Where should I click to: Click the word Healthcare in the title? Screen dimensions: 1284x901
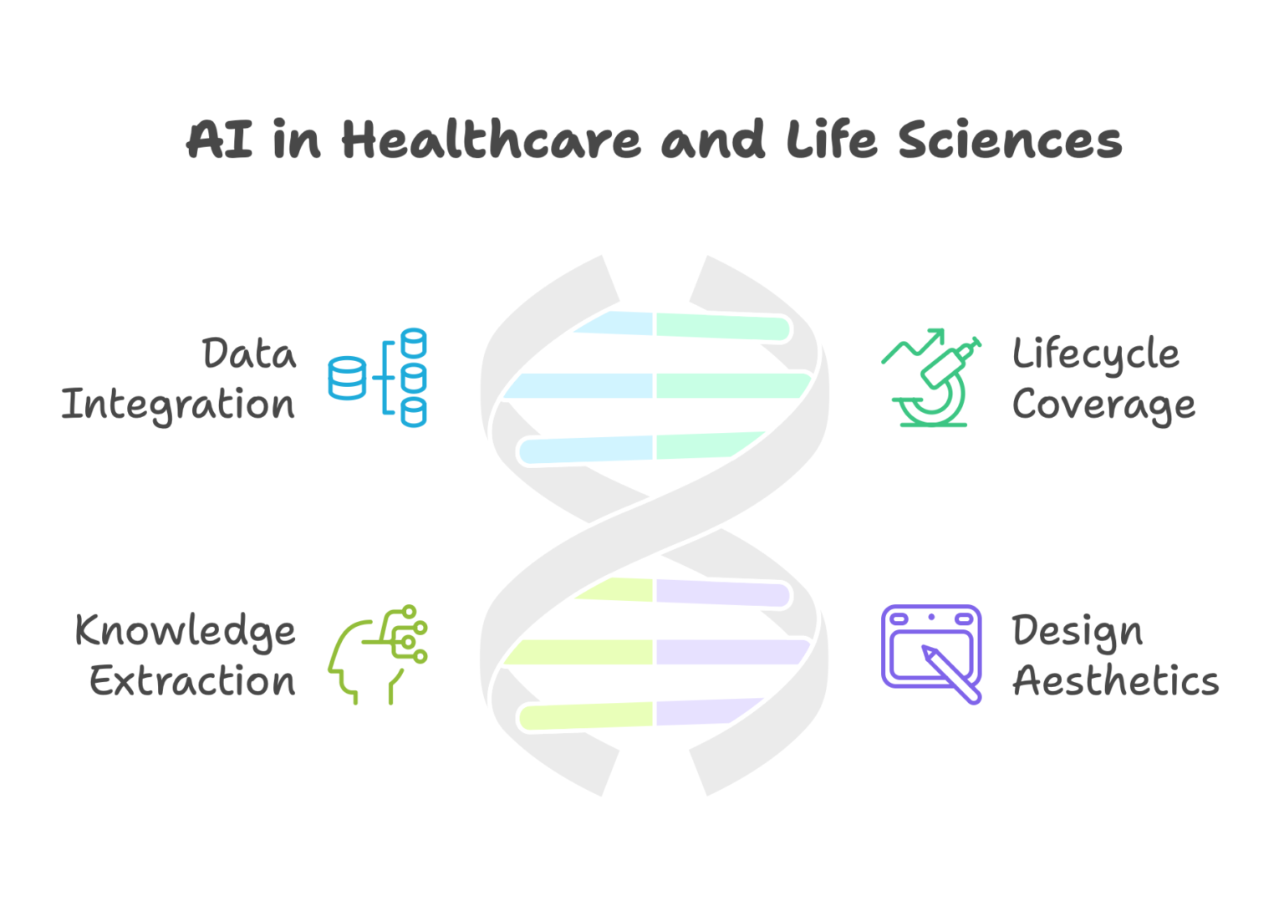click(x=492, y=139)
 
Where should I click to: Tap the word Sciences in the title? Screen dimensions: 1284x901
click(x=1010, y=139)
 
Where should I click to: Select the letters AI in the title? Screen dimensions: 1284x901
click(x=219, y=139)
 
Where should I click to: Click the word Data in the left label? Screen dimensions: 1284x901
click(x=249, y=353)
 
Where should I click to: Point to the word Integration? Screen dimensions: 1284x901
click(x=178, y=405)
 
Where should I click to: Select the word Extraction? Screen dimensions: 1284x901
click(x=192, y=681)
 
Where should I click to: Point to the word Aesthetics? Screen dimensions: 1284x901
click(x=1115, y=681)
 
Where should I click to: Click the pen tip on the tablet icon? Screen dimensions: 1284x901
click(x=924, y=648)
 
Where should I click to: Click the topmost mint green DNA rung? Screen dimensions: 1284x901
click(x=723, y=328)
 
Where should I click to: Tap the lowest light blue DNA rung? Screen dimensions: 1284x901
click(x=586, y=450)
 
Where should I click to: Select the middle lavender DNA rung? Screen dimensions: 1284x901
click(x=732, y=652)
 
